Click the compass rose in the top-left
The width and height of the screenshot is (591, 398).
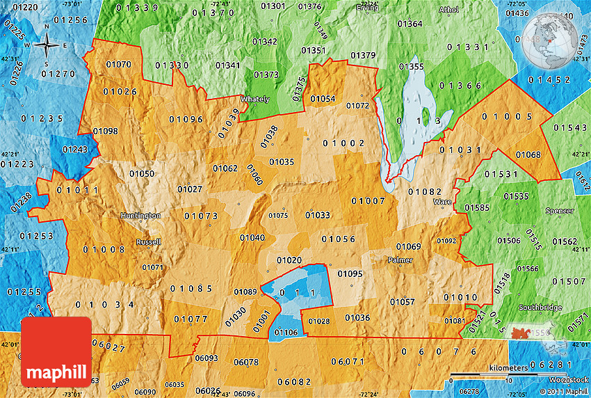coord(47,45)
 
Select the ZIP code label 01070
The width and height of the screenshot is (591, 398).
coord(118,65)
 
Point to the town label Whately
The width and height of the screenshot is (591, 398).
coord(254,99)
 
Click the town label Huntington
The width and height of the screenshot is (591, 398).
coord(140,216)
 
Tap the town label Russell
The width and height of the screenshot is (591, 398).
coord(148,243)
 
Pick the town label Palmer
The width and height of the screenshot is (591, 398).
coord(400,260)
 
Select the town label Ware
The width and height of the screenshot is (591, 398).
coord(442,202)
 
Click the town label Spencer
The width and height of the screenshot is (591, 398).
coord(560,211)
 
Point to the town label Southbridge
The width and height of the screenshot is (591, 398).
coord(540,308)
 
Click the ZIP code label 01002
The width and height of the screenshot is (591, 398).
coord(343,143)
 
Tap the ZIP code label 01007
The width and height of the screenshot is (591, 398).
coord(368,201)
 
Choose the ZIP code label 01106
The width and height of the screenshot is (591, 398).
coord(286,333)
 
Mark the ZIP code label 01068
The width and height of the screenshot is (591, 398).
coord(528,154)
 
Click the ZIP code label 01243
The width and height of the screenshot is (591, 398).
coord(75,150)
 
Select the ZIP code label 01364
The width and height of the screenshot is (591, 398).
coord(410,24)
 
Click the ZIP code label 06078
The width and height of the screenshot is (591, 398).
coord(246,362)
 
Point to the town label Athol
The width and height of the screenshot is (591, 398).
coord(449,10)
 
